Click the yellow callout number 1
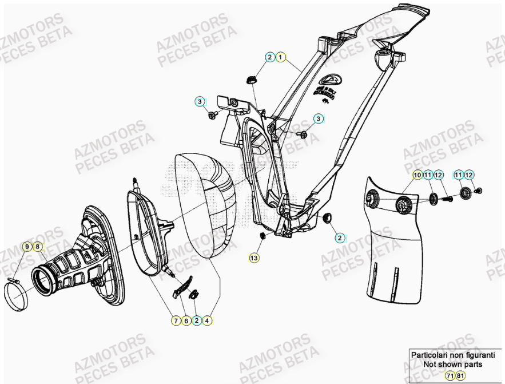(281, 57)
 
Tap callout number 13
(254, 258)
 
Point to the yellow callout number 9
(26, 247)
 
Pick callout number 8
(37, 247)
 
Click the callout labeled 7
(176, 321)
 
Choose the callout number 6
(186, 321)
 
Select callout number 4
(207, 321)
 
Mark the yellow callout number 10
(417, 175)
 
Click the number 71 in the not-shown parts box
(450, 375)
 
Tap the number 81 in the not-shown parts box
(461, 375)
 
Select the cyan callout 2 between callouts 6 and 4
(196, 321)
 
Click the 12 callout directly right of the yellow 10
(438, 175)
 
